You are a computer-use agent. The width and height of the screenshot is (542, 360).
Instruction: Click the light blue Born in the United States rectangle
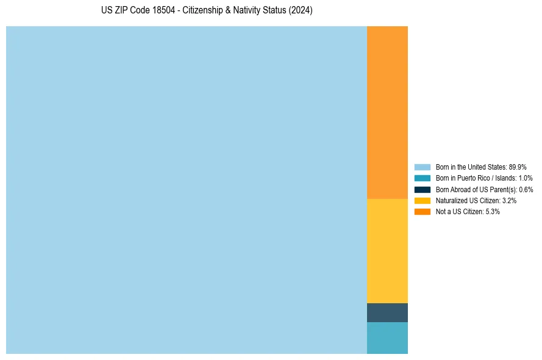(x=186, y=190)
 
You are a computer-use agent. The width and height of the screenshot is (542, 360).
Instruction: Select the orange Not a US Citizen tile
(x=387, y=112)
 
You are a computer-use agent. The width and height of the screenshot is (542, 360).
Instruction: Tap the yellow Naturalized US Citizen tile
(x=387, y=251)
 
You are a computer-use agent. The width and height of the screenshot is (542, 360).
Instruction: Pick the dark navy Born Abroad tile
(x=387, y=312)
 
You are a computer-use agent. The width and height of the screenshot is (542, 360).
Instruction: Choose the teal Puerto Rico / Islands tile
(x=387, y=338)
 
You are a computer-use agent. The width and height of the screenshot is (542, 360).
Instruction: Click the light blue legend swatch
(x=423, y=167)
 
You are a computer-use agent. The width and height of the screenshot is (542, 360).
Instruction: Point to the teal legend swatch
(x=423, y=178)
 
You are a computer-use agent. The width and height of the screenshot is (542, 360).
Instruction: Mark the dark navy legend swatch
(x=423, y=189)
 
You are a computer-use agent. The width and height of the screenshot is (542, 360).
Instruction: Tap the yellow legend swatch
(x=423, y=200)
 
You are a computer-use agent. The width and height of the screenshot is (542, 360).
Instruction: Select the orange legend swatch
(x=423, y=212)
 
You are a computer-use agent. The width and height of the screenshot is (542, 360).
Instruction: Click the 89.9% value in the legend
(x=518, y=167)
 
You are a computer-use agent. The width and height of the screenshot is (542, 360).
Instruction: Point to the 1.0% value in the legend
(x=526, y=178)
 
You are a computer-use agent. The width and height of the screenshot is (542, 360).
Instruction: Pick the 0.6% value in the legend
(x=526, y=189)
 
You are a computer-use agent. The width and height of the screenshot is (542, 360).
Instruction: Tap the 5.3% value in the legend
(x=492, y=212)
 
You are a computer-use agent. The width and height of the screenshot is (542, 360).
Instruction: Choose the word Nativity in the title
(x=250, y=11)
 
